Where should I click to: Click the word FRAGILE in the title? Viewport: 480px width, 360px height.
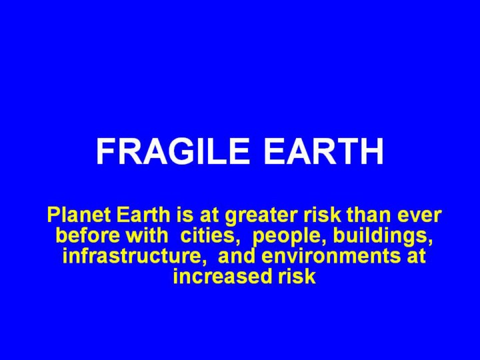pos(173,151)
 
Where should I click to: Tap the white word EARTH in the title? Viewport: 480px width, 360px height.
pos(323,151)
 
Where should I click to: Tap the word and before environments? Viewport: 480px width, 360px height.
pos(236,255)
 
